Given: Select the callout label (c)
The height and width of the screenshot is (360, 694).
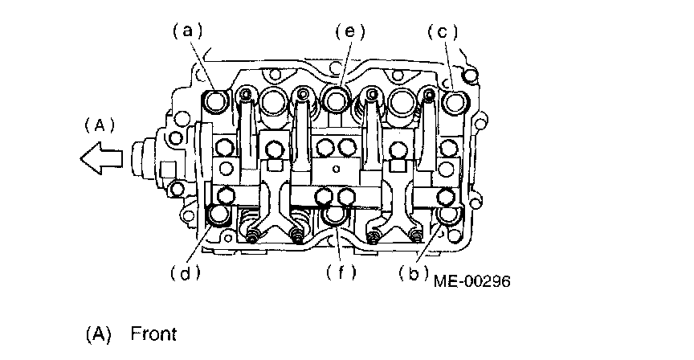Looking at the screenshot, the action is coord(442,31).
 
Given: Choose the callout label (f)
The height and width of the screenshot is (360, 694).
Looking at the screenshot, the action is coord(341,272).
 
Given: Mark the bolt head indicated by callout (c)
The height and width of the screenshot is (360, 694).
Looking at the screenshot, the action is coord(454,102).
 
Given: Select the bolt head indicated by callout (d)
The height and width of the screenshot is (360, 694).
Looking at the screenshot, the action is coord(218,216).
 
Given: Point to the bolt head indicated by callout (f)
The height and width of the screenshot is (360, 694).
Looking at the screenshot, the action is coord(334,216).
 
